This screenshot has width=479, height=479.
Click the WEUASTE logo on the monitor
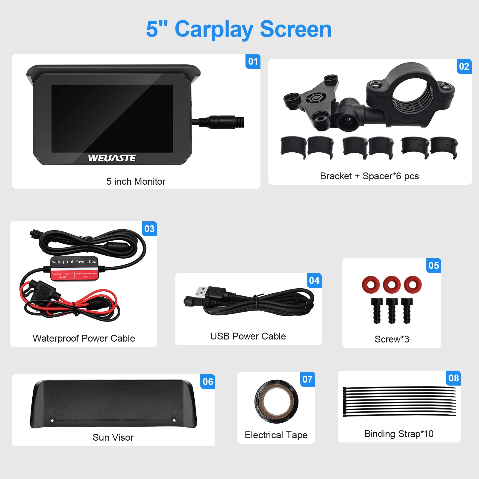(112, 158)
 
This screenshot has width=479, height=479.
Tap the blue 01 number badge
(253, 61)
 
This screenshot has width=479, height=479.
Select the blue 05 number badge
(433, 266)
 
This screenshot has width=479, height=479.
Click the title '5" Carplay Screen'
(239, 29)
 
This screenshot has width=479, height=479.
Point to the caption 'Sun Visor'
(113, 437)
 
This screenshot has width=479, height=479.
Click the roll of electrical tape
(276, 401)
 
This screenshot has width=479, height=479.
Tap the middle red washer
(392, 284)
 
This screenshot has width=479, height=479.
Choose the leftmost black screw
(377, 310)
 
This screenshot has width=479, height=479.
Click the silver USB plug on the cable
(201, 291)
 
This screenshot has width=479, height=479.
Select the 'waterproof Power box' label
(74, 262)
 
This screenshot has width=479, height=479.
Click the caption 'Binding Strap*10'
(399, 434)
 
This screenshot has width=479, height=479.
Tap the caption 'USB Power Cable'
(248, 336)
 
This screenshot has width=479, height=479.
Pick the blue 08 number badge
(454, 378)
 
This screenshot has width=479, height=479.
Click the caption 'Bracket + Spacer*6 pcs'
(369, 176)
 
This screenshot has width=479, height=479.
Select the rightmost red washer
(413, 284)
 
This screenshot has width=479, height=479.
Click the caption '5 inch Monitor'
(136, 181)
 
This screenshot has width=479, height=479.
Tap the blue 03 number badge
(149, 229)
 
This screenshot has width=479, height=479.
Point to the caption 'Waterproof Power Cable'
(84, 338)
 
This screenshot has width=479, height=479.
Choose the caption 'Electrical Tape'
(276, 435)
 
